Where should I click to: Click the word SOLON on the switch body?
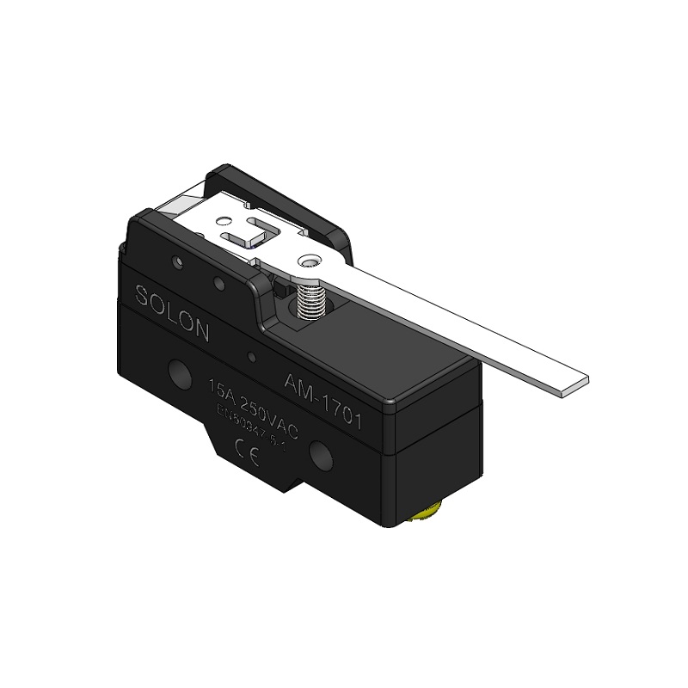point(172,313)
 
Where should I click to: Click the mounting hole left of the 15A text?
point(180,372)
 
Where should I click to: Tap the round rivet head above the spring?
point(309,261)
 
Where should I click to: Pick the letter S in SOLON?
point(142,295)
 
